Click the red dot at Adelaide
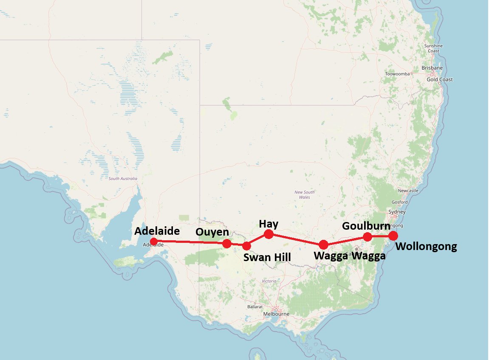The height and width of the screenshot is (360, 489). point(154,241)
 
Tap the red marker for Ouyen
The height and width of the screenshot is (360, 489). point(227,243)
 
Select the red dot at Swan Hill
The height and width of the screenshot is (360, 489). point(246,245)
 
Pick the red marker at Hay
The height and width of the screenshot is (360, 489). point(269,234)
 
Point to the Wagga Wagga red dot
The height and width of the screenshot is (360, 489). point(323,245)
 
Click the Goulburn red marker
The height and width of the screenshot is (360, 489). point(368,236)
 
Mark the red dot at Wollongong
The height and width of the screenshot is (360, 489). point(393,236)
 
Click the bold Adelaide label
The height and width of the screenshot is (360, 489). point(157,231)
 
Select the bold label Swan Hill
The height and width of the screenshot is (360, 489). point(267,257)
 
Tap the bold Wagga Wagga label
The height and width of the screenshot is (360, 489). point(349,256)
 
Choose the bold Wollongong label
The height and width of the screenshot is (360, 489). point(426,247)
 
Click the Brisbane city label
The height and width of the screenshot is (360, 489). point(432,68)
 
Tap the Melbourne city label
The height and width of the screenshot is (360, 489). point(276,314)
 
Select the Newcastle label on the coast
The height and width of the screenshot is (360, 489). point(408,191)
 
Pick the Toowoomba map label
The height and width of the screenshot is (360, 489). point(397,74)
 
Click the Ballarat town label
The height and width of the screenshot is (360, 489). point(255,307)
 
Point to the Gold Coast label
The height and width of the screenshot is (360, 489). point(440,79)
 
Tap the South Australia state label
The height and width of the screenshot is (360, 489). point(123,179)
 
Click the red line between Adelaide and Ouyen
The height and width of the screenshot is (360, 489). point(190,242)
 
